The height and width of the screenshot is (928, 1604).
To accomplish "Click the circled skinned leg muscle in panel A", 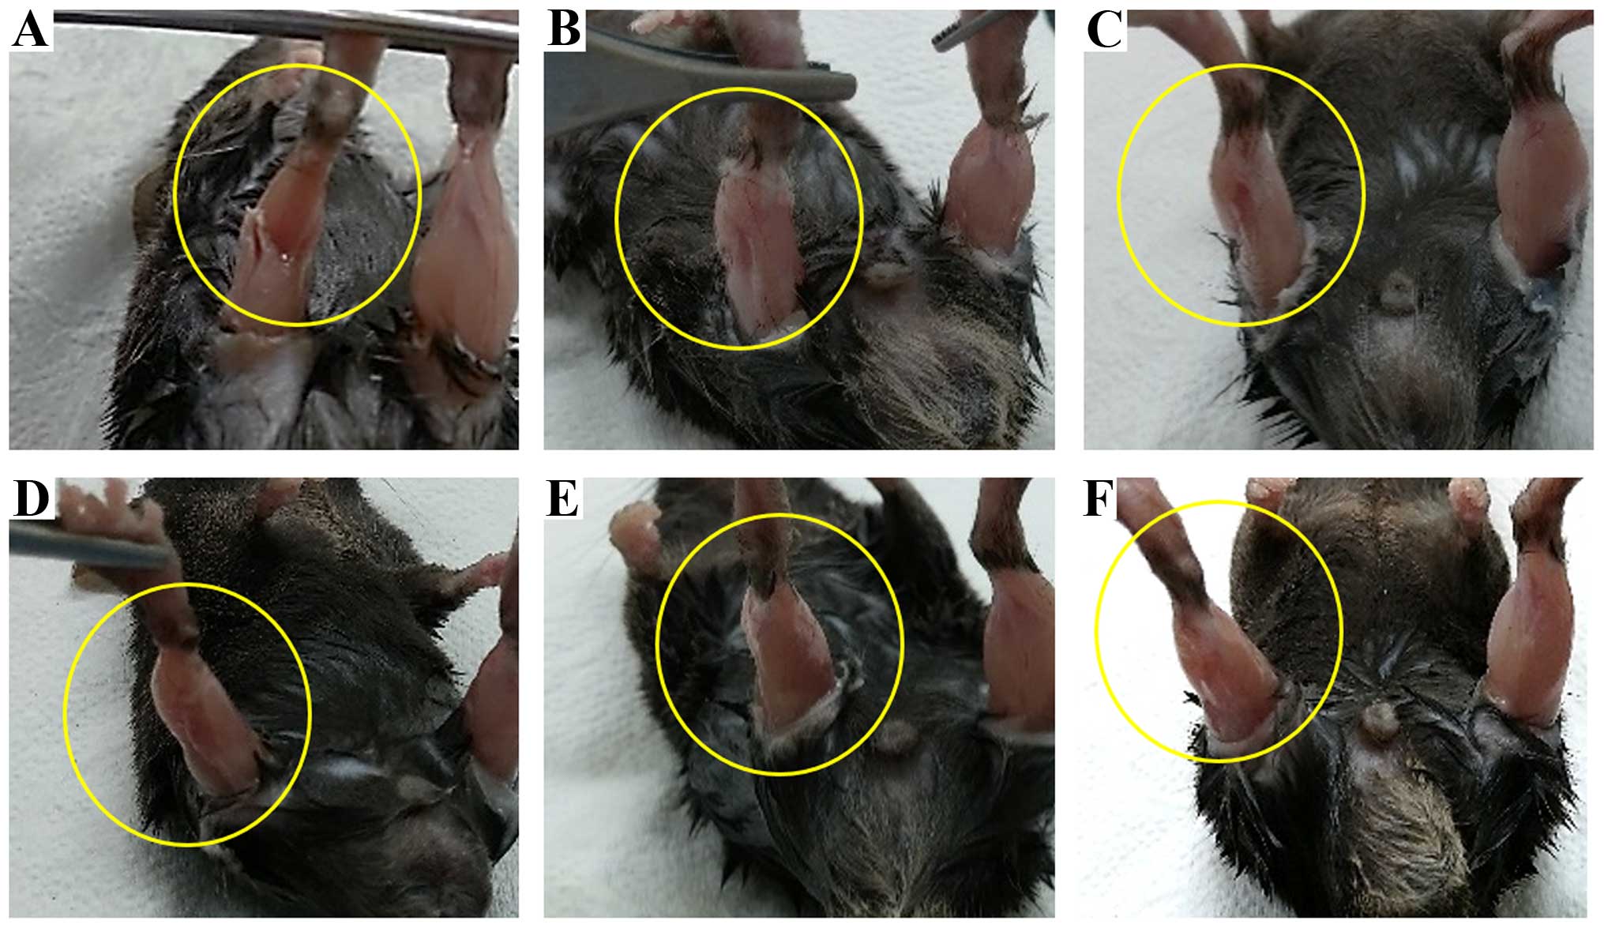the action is tap(276, 237).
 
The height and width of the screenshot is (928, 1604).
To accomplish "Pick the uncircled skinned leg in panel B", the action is tap(987, 190).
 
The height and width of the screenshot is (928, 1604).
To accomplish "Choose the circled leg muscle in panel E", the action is tap(786, 663).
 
